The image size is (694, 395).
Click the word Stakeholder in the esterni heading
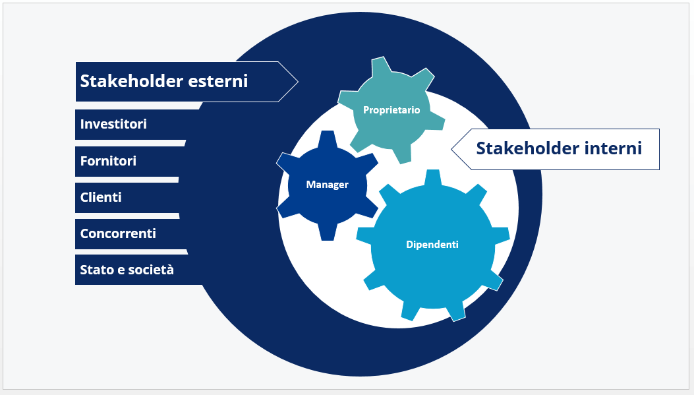click(x=131, y=81)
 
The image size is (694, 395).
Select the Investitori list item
click(x=113, y=124)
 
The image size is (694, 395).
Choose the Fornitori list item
click(x=108, y=161)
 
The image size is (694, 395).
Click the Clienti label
click(x=101, y=197)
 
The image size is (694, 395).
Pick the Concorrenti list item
click(x=118, y=233)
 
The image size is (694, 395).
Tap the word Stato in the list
click(x=94, y=270)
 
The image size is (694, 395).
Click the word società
click(x=151, y=270)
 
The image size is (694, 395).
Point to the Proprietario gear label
click(x=391, y=110)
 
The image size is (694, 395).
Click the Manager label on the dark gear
click(x=327, y=184)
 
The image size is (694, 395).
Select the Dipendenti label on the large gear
click(x=432, y=245)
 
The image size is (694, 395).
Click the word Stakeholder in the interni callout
click(x=527, y=148)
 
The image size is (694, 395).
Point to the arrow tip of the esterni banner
click(x=298, y=82)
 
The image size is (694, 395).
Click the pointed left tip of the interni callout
click(x=451, y=149)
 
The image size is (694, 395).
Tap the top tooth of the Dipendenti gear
click(x=433, y=177)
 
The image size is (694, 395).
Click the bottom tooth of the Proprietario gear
click(x=402, y=155)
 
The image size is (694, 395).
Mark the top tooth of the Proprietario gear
click(x=381, y=65)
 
